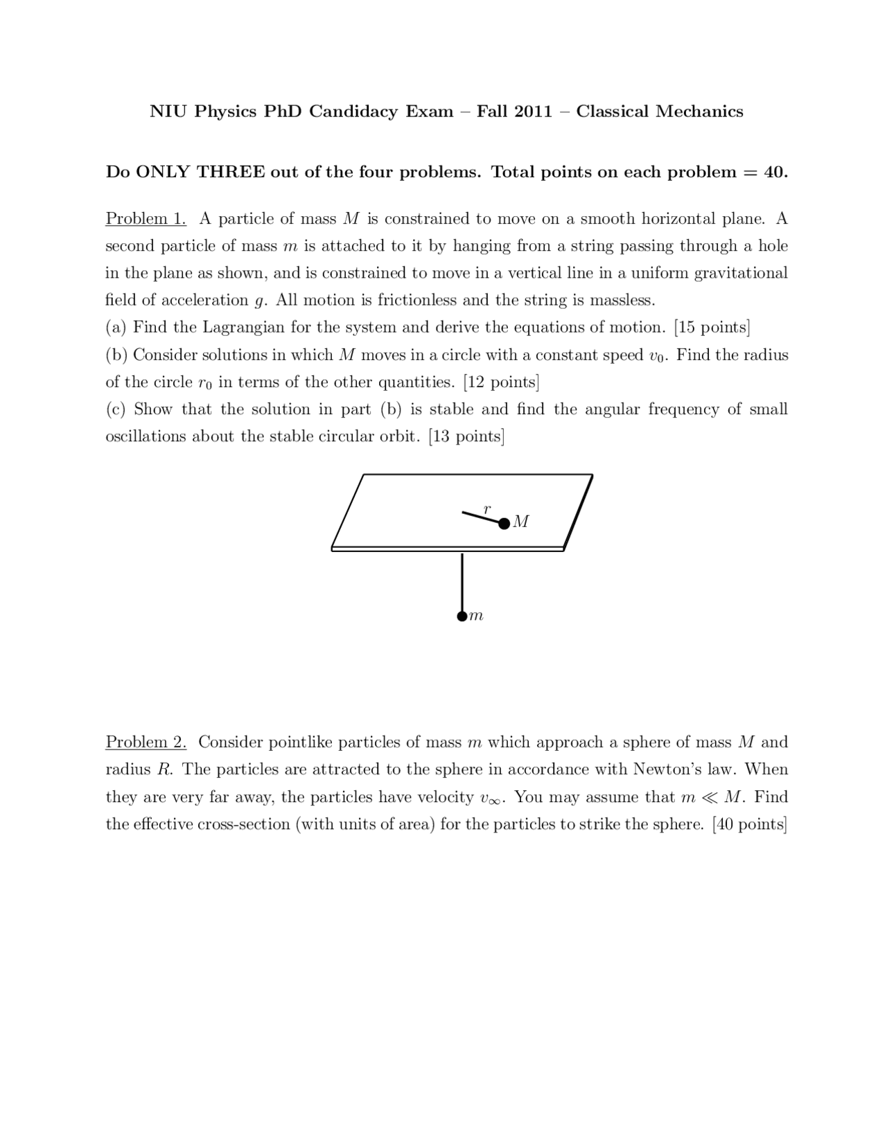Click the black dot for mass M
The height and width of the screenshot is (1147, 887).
[x=504, y=524]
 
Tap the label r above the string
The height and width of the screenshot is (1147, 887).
[x=486, y=509]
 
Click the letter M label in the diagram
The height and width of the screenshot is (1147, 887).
[x=521, y=522]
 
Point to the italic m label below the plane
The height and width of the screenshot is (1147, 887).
[x=476, y=616]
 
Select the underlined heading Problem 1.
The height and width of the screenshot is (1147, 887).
[x=146, y=219]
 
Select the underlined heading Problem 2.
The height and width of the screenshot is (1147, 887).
[x=146, y=743]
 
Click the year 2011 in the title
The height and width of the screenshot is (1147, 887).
[x=533, y=112]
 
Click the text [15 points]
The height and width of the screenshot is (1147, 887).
[x=712, y=327]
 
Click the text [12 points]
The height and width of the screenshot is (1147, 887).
[x=501, y=382]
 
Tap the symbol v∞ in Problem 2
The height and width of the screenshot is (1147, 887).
[x=492, y=798]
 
